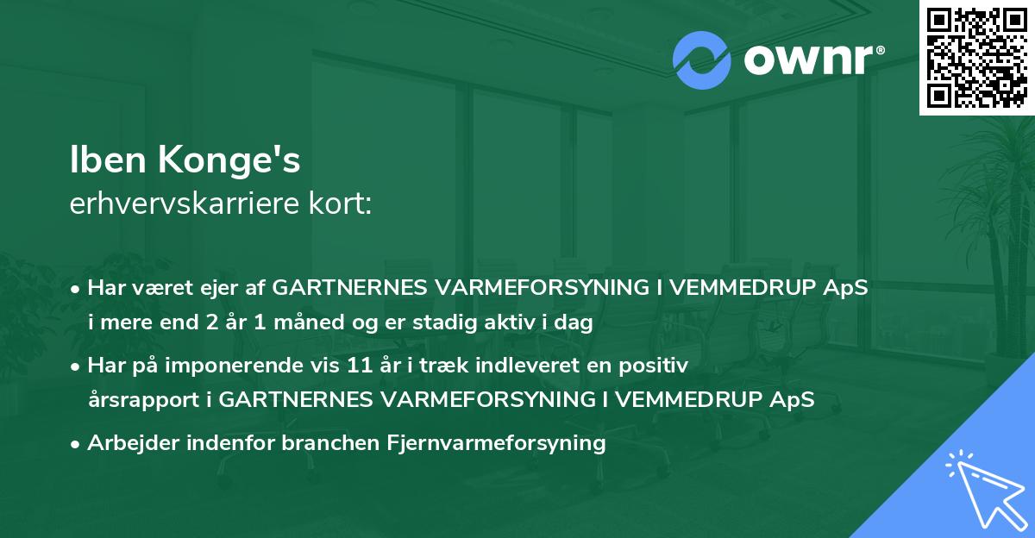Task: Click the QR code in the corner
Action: pyautogui.click(x=976, y=57)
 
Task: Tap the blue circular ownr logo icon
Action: pyautogui.click(x=701, y=60)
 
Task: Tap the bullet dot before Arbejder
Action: pyautogui.click(x=77, y=445)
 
